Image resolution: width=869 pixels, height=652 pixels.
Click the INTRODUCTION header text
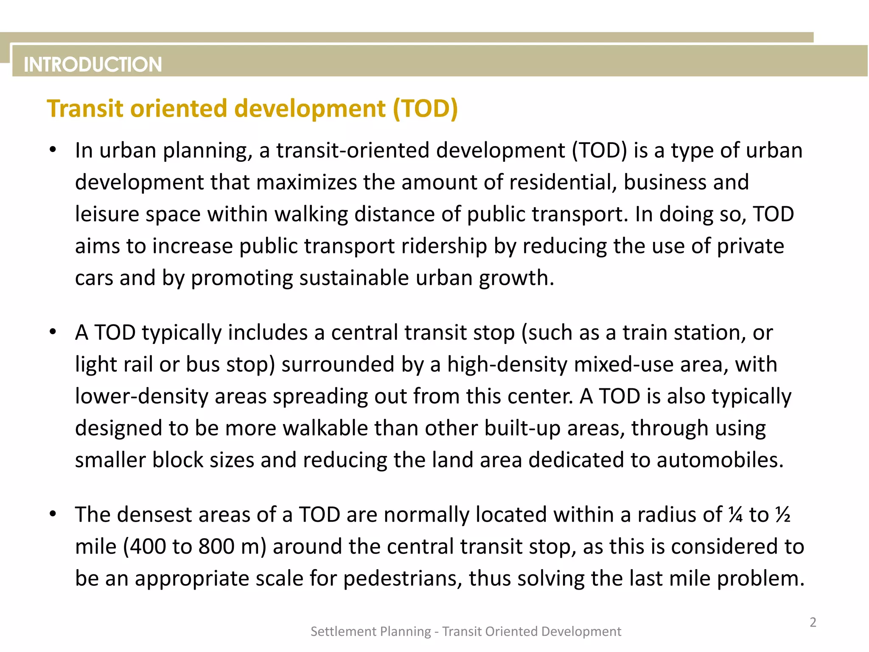[x=93, y=65]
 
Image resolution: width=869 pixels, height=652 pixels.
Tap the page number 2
[x=813, y=622]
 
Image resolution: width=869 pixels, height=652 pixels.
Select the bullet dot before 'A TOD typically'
[x=53, y=332]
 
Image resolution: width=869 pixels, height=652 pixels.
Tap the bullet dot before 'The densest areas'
[x=53, y=514]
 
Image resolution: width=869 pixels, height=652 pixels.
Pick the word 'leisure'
[x=107, y=214]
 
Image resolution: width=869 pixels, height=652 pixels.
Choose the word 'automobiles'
[x=720, y=460]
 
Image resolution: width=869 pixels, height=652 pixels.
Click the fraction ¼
[x=735, y=515]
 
